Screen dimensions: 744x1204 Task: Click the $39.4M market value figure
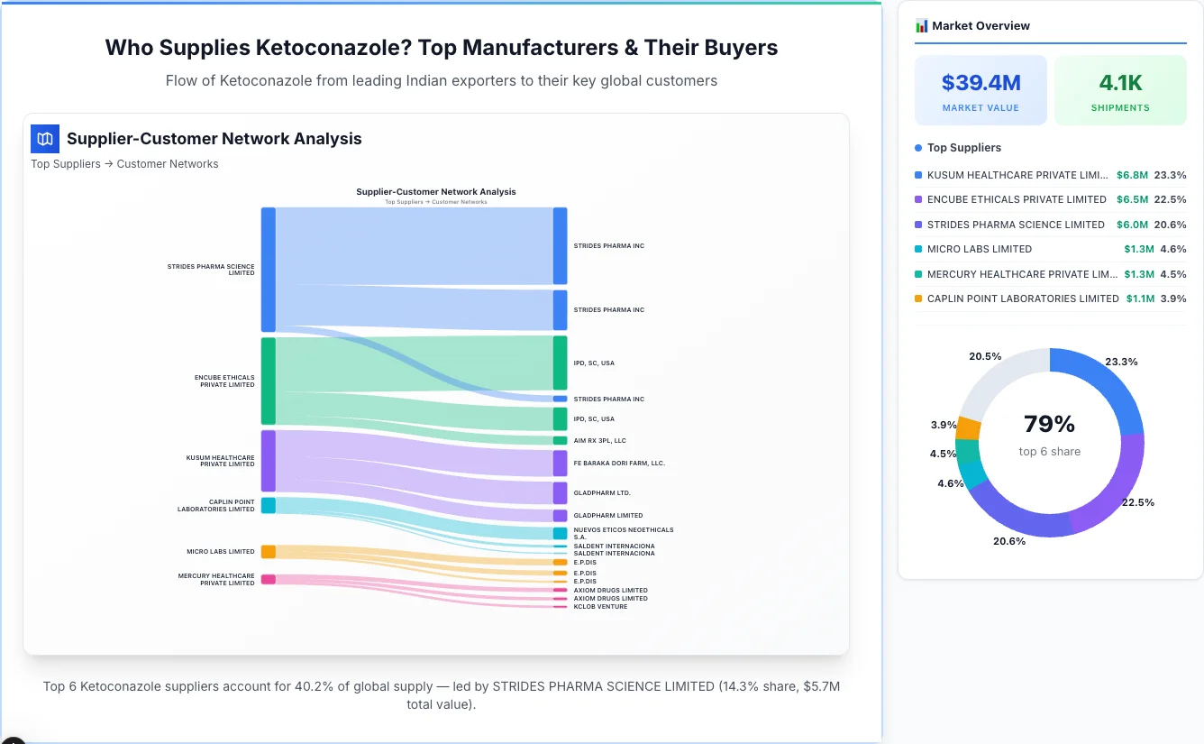[981, 83]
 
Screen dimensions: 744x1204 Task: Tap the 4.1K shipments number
[1120, 83]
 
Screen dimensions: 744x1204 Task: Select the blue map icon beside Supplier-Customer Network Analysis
[45, 139]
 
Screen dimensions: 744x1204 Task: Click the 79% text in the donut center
[1049, 424]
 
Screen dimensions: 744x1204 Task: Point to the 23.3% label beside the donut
[1121, 362]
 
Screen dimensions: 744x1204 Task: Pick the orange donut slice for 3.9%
[968, 427]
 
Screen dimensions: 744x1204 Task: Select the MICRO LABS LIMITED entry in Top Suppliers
[980, 249]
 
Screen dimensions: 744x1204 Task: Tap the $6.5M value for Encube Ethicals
[1133, 199]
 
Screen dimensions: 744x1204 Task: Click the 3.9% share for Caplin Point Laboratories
[1173, 299]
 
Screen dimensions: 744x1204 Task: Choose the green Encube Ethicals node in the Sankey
[269, 381]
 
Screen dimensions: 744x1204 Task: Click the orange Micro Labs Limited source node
[269, 552]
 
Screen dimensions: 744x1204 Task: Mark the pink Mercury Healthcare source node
[269, 579]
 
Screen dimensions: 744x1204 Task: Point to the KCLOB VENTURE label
[600, 607]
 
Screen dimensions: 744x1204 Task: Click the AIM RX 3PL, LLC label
[599, 441]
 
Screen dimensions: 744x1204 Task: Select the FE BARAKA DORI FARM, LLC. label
[618, 463]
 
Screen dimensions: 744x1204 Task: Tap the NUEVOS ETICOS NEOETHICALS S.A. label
[623, 533]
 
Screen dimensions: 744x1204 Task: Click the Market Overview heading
[980, 26]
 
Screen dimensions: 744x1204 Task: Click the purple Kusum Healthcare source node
[269, 460]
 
